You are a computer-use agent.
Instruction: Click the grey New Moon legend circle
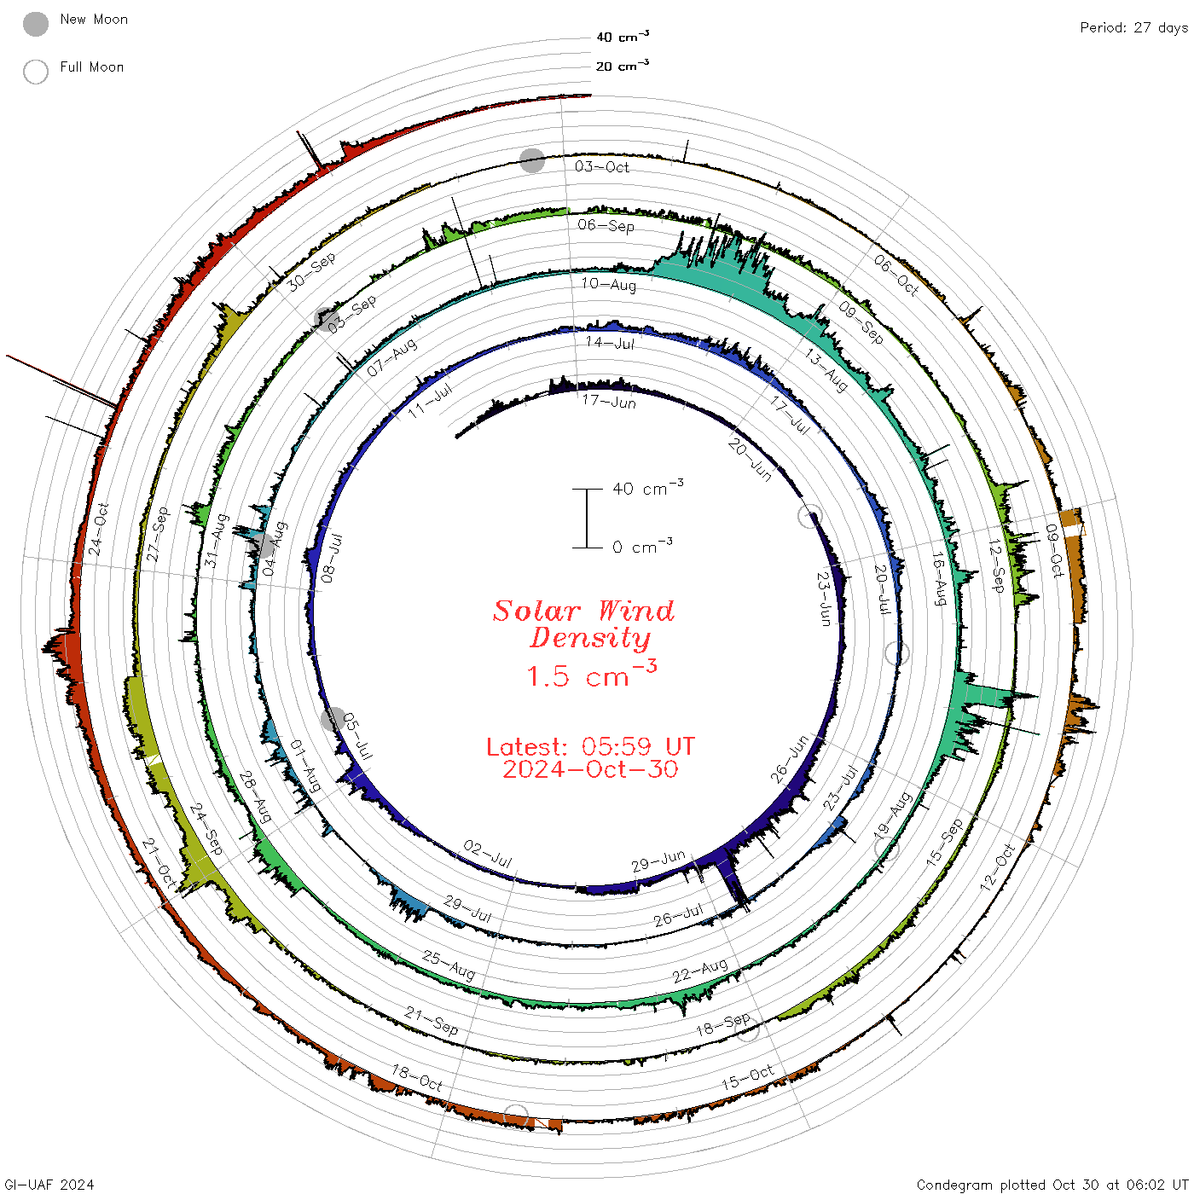pyautogui.click(x=36, y=24)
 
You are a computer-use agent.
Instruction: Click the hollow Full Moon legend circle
pyautogui.click(x=36, y=72)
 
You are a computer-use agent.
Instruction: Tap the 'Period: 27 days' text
pyautogui.click(x=1134, y=28)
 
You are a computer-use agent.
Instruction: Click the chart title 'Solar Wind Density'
pyautogui.click(x=584, y=624)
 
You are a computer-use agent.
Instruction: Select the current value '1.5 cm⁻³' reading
pyautogui.click(x=592, y=674)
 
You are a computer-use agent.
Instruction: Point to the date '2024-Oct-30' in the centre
pyautogui.click(x=590, y=769)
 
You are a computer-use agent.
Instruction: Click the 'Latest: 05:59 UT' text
pyautogui.click(x=590, y=746)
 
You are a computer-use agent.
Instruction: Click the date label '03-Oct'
pyautogui.click(x=601, y=166)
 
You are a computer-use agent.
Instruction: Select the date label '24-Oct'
pyautogui.click(x=98, y=529)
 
